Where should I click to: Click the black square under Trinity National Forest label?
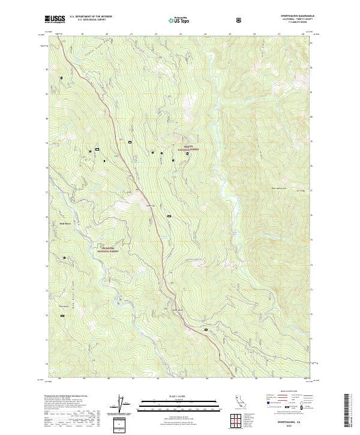pyautogui.click(x=188, y=154)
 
